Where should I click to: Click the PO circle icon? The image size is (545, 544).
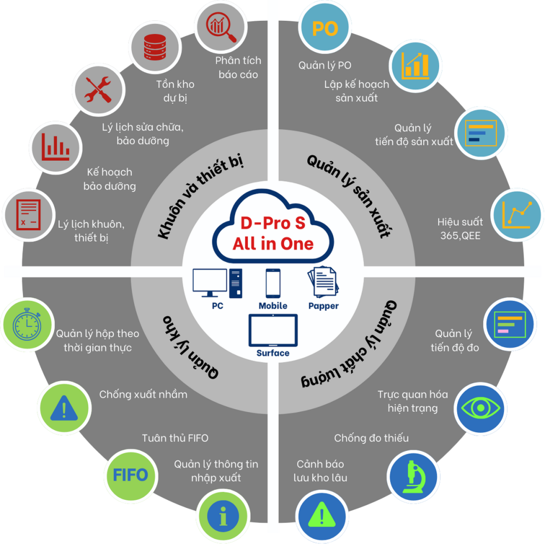coord(325,28)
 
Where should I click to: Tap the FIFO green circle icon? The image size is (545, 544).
coord(130,475)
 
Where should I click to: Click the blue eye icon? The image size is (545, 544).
coord(481,408)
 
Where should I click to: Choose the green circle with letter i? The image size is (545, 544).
coord(223,516)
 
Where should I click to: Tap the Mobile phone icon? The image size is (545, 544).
coord(272,284)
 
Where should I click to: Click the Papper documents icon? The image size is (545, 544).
coord(323,282)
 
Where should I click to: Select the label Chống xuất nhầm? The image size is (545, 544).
coord(143,394)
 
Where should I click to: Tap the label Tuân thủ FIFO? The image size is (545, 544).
coord(175,438)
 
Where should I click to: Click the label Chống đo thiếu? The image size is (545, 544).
coord(371,438)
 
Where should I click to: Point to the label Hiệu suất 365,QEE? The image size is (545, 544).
coord(460,228)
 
